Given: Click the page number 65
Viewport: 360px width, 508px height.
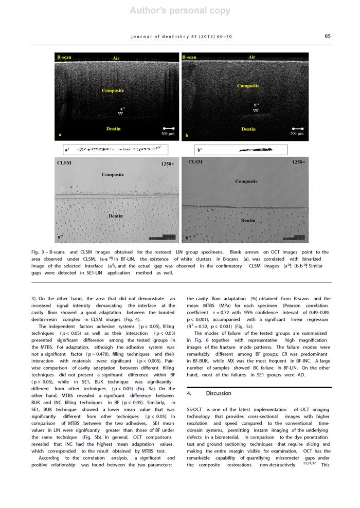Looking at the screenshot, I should [x=328, y=36].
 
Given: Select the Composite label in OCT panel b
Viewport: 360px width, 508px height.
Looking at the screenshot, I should [x=248, y=86].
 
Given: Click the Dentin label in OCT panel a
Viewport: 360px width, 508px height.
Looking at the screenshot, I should [x=113, y=129].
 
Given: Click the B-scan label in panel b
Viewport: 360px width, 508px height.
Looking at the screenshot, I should [x=189, y=57].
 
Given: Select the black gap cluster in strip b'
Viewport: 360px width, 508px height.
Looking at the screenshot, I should [x=256, y=150].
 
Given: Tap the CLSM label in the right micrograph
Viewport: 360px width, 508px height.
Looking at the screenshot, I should [x=195, y=162].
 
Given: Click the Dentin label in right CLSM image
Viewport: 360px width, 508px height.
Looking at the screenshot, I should [x=248, y=221].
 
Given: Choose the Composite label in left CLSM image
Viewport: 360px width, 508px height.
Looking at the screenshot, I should [x=113, y=175].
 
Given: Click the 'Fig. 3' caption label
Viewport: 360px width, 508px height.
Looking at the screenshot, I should [x=37, y=252].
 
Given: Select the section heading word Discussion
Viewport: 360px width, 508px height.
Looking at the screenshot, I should [x=219, y=393].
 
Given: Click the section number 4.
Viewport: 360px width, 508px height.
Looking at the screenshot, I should [x=189, y=393].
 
